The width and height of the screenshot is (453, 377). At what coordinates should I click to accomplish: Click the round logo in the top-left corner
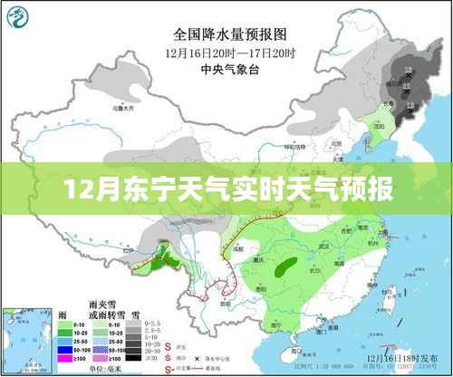point(21,18)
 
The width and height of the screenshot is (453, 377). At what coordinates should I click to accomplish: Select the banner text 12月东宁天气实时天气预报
point(226,191)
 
